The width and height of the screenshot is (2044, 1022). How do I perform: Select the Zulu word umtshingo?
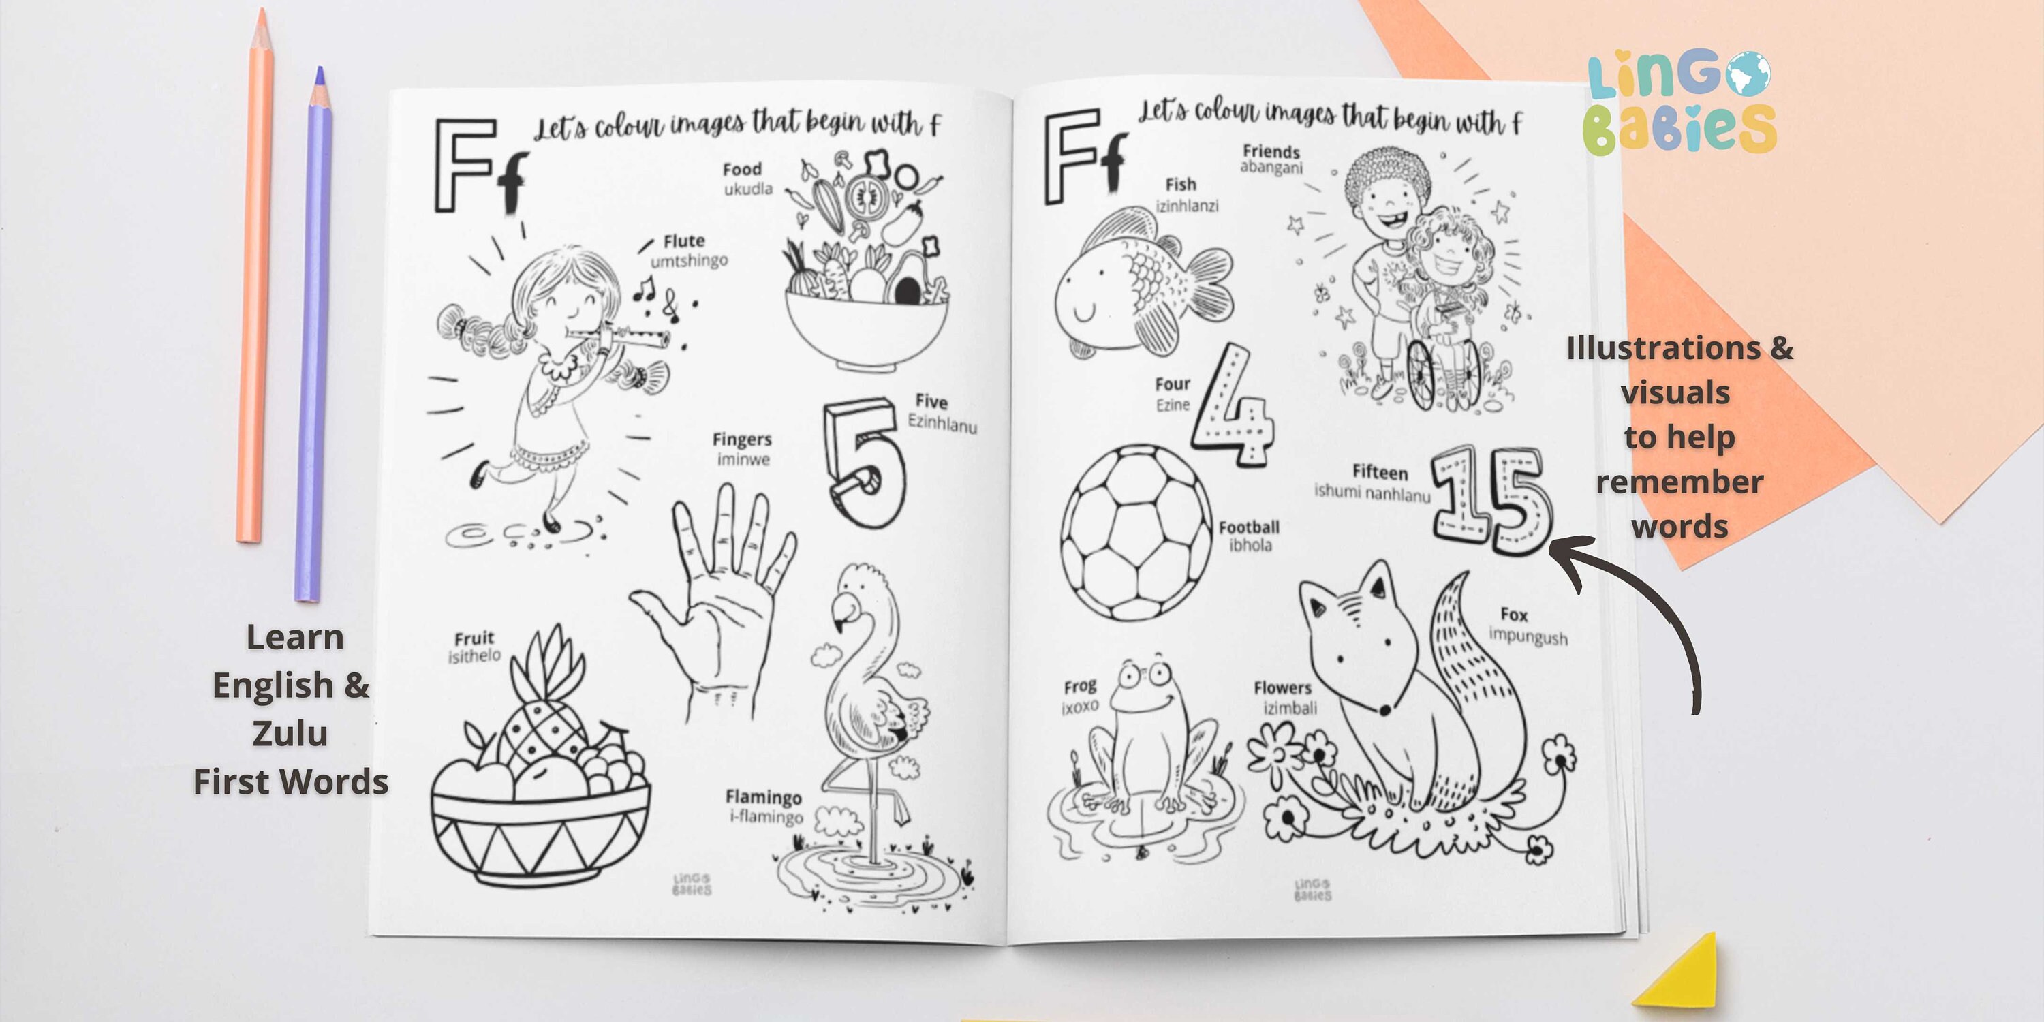(689, 260)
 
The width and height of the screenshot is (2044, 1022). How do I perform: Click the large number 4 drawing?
(1234, 409)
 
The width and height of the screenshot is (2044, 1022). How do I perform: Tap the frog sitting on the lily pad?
(1151, 738)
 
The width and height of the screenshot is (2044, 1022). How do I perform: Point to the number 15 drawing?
(1491, 500)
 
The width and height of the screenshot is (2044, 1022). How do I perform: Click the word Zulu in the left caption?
(290, 733)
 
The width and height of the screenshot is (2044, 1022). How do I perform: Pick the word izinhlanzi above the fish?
(1187, 206)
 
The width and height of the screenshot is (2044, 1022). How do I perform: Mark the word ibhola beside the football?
(1250, 545)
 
